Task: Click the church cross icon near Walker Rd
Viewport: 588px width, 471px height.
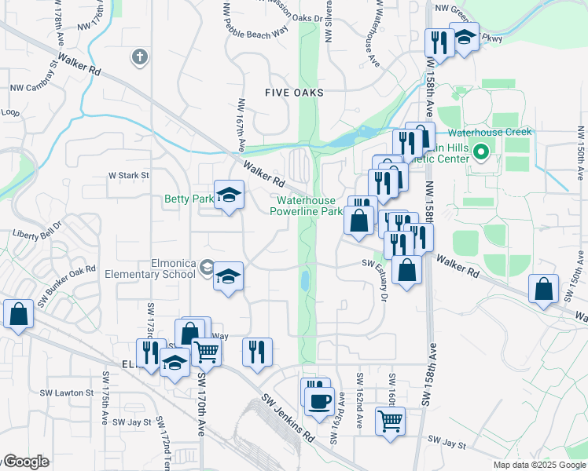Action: coord(140,57)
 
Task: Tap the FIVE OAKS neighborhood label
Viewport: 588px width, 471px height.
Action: coord(294,93)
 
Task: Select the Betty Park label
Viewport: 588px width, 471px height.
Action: coord(189,199)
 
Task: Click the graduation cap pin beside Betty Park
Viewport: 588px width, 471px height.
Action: coord(229,195)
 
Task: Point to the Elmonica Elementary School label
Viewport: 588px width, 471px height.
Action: coord(151,269)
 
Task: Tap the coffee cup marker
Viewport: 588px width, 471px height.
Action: coord(319,402)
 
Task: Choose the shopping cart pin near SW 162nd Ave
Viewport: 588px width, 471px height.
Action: coord(390,421)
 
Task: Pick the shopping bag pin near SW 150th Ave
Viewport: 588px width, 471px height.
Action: coord(544,288)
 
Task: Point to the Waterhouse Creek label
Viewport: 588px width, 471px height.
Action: coord(490,132)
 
